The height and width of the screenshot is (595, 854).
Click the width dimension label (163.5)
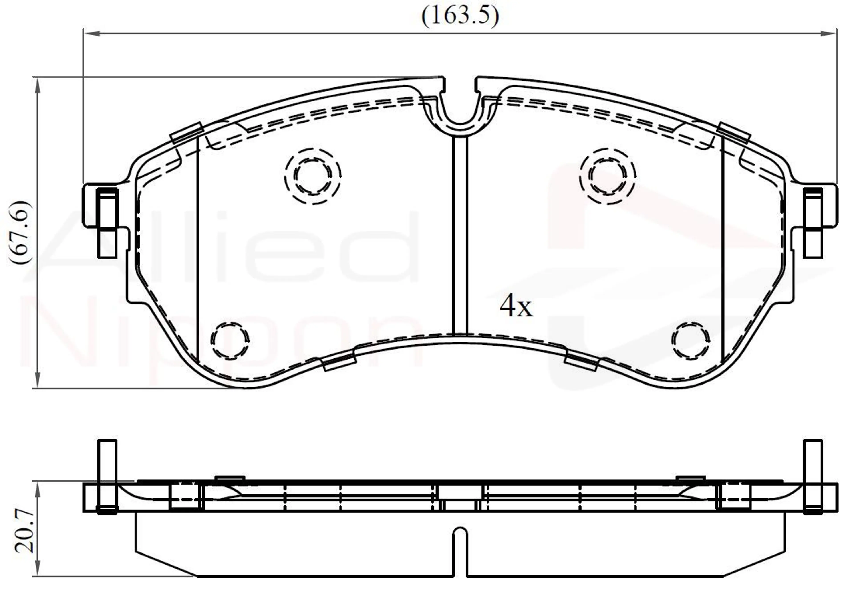(460, 16)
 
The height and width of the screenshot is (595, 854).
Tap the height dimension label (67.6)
(20, 233)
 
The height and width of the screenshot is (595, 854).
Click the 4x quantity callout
(516, 306)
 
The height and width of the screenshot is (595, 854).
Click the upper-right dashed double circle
(607, 176)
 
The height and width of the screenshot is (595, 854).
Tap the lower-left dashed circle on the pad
(230, 340)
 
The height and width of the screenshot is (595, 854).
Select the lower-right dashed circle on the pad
(691, 340)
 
